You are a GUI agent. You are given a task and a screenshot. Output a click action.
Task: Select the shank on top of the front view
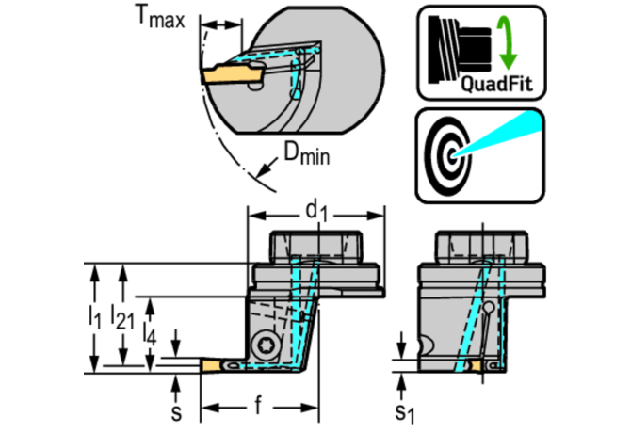tap(315, 248)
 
